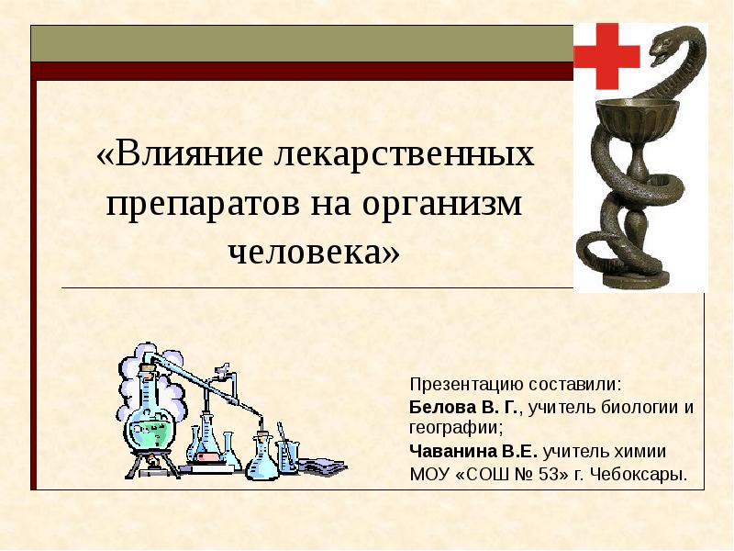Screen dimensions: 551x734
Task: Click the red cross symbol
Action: tap(606, 55)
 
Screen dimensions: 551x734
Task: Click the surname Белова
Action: tap(439, 406)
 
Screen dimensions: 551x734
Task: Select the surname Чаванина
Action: tap(450, 452)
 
